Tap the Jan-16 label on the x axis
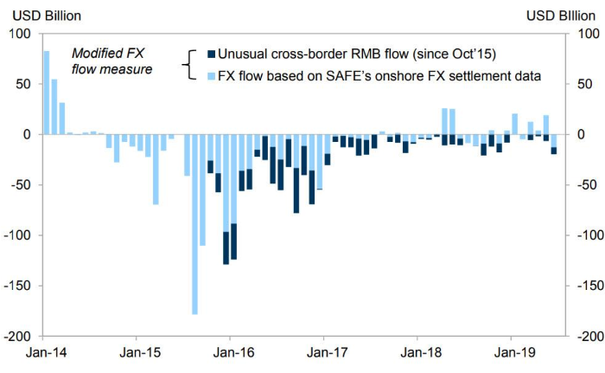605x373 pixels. pyautogui.click(x=229, y=352)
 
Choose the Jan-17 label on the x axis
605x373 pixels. pyautogui.click(x=323, y=352)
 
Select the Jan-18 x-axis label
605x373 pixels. pyautogui.click(x=417, y=352)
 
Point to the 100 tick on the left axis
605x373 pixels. pyautogui.click(x=22, y=34)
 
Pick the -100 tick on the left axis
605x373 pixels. pyautogui.click(x=18, y=235)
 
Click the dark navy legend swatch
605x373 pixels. pyautogui.click(x=212, y=55)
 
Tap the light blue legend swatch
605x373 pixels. pyautogui.click(x=212, y=76)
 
